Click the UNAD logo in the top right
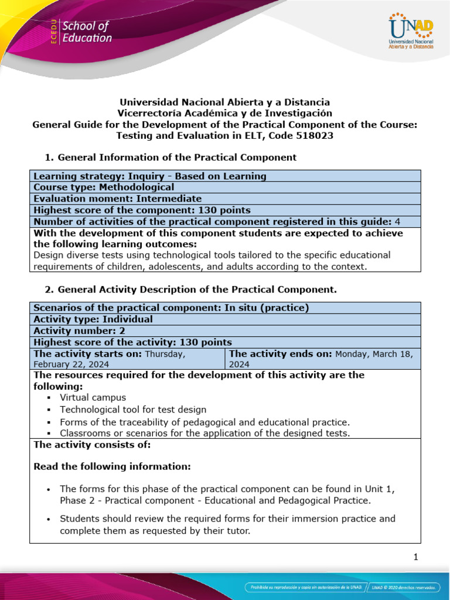(x=410, y=32)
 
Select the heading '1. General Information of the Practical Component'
(x=171, y=157)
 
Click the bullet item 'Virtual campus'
(x=93, y=397)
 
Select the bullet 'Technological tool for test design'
(x=133, y=410)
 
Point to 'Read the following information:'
(x=112, y=466)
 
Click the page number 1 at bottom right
(x=415, y=557)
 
